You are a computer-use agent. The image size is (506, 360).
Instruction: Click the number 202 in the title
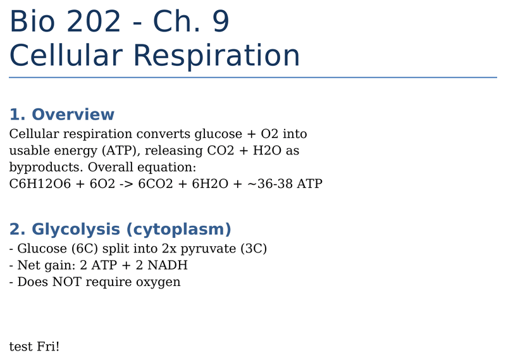(94, 22)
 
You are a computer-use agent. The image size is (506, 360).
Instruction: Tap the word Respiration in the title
(216, 56)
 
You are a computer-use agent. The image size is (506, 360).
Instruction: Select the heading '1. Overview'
(61, 115)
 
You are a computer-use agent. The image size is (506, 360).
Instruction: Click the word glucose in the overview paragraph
(218, 134)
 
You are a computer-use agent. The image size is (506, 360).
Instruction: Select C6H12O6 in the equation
(40, 183)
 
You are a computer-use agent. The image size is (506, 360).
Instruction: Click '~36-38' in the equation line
(270, 183)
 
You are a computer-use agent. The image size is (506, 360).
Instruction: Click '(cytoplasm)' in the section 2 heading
(178, 230)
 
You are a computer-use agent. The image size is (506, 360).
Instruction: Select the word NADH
(168, 265)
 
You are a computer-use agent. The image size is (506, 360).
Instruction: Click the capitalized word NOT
(67, 282)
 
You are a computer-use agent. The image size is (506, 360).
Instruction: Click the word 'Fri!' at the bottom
(48, 347)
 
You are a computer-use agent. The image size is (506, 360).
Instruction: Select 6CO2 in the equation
(156, 183)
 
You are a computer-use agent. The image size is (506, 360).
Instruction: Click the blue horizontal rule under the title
(253, 77)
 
